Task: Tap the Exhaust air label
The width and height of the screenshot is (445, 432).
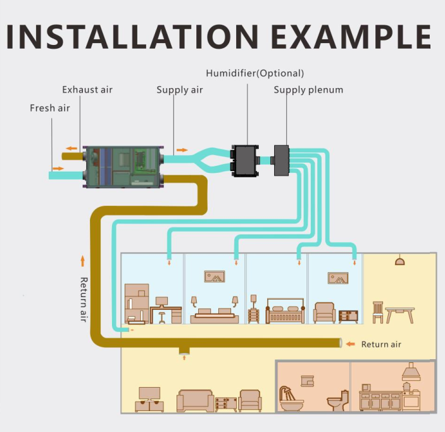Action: (x=87, y=89)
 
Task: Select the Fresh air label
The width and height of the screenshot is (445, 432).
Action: (x=49, y=108)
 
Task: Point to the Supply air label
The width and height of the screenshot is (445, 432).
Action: (x=180, y=90)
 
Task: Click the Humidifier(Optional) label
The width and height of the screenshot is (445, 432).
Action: (x=255, y=73)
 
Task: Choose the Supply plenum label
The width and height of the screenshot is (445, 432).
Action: (x=308, y=90)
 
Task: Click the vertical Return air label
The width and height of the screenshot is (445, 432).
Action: (x=83, y=299)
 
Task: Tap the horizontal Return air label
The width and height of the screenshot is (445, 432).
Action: (x=381, y=345)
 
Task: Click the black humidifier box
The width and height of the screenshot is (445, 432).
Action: (x=243, y=160)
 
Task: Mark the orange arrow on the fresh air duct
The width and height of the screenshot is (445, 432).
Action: (x=58, y=168)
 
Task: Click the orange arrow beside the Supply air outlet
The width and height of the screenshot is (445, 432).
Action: (x=182, y=150)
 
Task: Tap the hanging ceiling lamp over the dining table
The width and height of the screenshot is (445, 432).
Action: (x=399, y=260)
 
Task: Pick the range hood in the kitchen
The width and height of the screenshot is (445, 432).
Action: (x=411, y=372)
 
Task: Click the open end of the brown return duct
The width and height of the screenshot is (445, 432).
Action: (x=342, y=343)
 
